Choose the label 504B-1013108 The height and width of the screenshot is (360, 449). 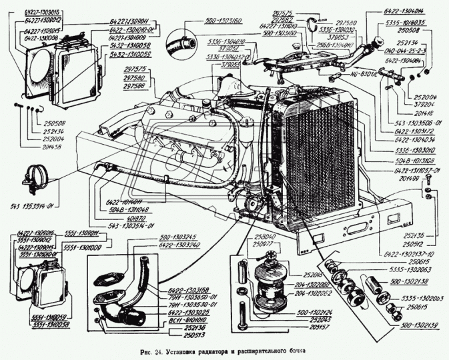pos(412,160)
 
